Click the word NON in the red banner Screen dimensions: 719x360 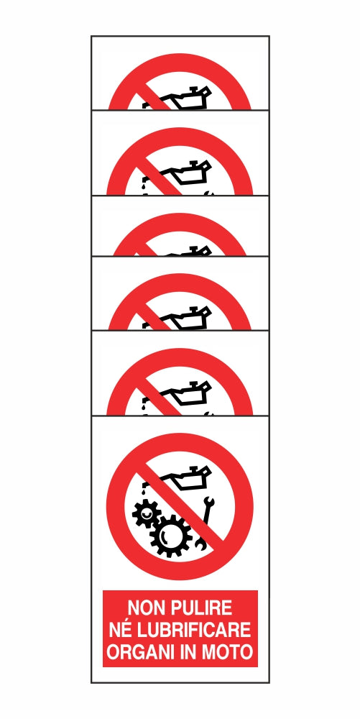coord(144,608)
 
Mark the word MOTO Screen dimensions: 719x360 coord(232,653)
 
